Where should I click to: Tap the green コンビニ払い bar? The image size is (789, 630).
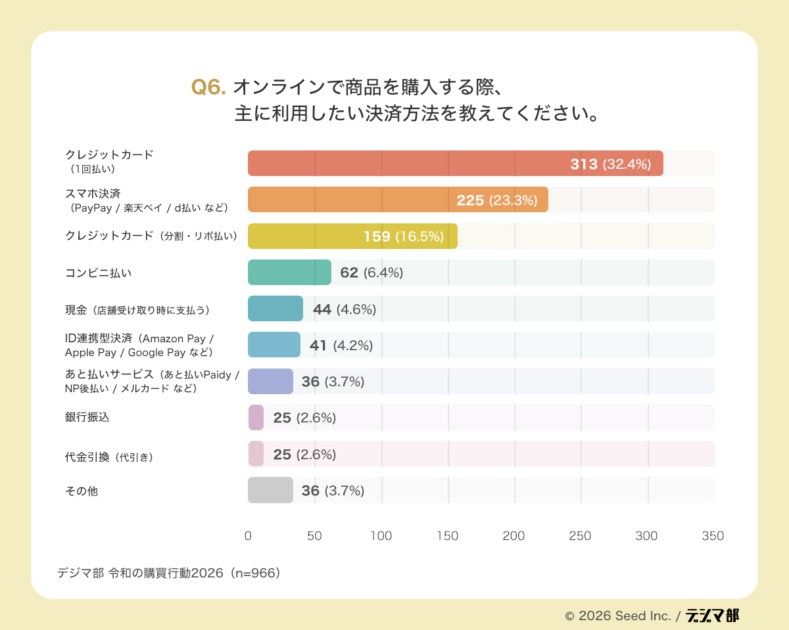point(289,272)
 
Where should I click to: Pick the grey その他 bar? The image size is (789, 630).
point(270,490)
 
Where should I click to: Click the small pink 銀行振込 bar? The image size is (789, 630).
point(256,417)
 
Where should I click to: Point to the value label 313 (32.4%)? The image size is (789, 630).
point(610,164)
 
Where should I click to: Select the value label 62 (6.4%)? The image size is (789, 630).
point(371,273)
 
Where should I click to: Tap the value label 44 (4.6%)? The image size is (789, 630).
point(345,309)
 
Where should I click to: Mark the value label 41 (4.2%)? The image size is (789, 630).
point(341,345)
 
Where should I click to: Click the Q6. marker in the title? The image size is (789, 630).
point(208,87)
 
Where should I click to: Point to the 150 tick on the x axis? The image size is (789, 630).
point(448,536)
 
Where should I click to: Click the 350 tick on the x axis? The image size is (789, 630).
point(713,536)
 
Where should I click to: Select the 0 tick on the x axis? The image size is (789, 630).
point(248,536)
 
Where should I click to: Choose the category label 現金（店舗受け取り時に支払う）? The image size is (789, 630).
point(141,309)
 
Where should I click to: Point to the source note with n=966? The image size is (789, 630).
point(170,573)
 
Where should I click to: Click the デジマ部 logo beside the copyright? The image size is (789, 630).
point(712,616)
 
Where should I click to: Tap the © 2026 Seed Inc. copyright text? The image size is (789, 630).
point(617,616)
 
